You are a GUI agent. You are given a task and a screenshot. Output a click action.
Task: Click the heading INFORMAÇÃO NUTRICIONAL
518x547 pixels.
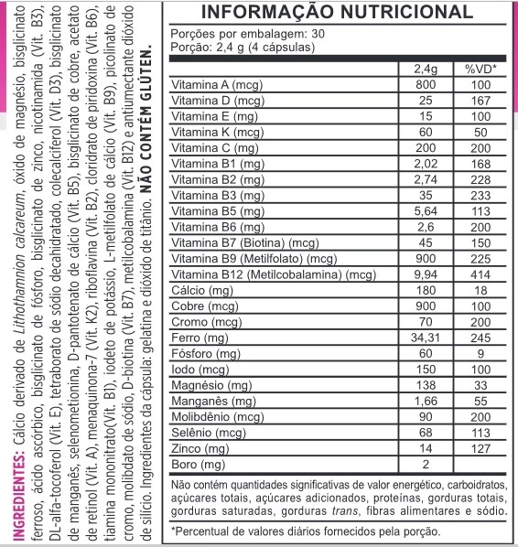tap(336, 14)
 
